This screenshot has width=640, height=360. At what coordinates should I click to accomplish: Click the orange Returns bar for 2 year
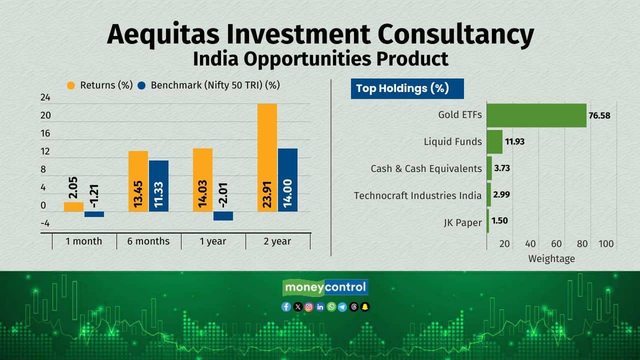(267, 157)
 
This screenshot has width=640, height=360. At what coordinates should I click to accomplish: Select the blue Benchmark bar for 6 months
(158, 186)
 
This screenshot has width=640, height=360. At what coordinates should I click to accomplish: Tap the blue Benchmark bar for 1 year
(223, 216)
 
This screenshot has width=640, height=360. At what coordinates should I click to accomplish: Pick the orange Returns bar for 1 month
(73, 207)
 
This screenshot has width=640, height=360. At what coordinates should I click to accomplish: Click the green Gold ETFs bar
(536, 115)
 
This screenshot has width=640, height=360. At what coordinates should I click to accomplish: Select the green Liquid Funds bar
(494, 141)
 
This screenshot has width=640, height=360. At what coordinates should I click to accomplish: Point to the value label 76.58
(599, 115)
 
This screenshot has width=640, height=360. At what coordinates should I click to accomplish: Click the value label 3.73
(502, 168)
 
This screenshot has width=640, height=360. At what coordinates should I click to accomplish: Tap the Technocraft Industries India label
(417, 195)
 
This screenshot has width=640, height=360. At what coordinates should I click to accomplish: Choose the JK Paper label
(463, 222)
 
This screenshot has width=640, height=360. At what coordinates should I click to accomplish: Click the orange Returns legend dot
(71, 85)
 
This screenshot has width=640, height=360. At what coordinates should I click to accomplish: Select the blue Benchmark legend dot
(141, 85)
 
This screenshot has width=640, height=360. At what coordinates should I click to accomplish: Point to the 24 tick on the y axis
(45, 97)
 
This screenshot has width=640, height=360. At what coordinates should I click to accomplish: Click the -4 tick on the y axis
(45, 223)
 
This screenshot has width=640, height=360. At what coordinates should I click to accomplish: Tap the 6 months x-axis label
(148, 241)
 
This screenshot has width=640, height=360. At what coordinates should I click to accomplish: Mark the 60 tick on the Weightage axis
(556, 243)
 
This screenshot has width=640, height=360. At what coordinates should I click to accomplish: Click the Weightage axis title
(551, 259)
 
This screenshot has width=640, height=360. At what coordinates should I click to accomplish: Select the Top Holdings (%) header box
(407, 88)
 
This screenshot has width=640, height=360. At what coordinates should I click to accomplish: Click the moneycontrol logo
(325, 287)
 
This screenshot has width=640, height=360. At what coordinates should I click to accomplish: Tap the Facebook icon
(286, 307)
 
